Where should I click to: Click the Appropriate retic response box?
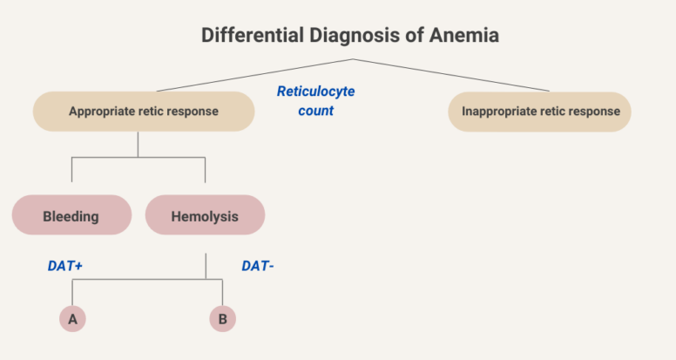tap(144, 112)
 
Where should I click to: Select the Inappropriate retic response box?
tap(540, 112)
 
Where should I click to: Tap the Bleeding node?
tap(71, 214)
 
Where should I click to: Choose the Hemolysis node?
tap(205, 214)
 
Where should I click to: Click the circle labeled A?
tap(72, 319)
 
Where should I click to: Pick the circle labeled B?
tap(222, 319)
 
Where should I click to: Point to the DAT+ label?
tap(65, 267)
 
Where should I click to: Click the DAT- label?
tap(258, 267)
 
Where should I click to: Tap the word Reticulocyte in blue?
tap(315, 92)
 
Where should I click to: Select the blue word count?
tap(315, 112)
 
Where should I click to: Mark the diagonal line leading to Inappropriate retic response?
tap(453, 75)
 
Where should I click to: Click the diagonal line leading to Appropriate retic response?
tap(253, 75)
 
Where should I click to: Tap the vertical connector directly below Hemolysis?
tap(206, 265)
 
